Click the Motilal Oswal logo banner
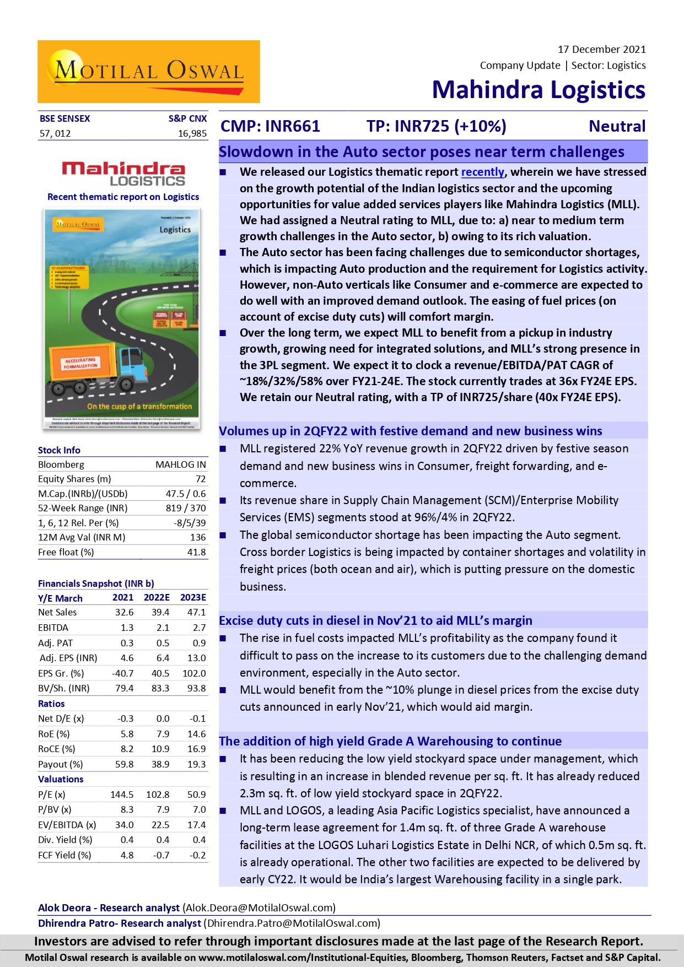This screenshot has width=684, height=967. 148,72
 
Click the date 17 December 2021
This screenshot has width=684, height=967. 601,50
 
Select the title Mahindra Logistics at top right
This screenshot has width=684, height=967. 538,90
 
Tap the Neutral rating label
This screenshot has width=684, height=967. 617,126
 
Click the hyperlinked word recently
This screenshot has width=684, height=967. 482,172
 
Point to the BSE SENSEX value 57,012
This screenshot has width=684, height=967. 55,133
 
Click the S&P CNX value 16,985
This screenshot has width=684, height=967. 192,133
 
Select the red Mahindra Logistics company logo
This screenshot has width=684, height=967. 123,174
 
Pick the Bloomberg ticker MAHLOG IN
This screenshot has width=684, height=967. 180,464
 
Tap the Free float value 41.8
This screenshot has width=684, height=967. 196,552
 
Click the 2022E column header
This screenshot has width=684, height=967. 157,597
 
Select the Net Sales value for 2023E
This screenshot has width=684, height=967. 196,612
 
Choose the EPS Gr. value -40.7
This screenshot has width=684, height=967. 122,673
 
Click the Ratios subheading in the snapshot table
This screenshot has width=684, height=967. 51,704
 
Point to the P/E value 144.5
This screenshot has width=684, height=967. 122,795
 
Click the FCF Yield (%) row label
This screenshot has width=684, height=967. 64,855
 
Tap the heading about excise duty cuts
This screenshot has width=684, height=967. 375,620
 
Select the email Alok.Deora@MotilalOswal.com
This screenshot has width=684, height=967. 260,907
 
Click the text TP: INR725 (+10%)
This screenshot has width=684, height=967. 436,126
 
